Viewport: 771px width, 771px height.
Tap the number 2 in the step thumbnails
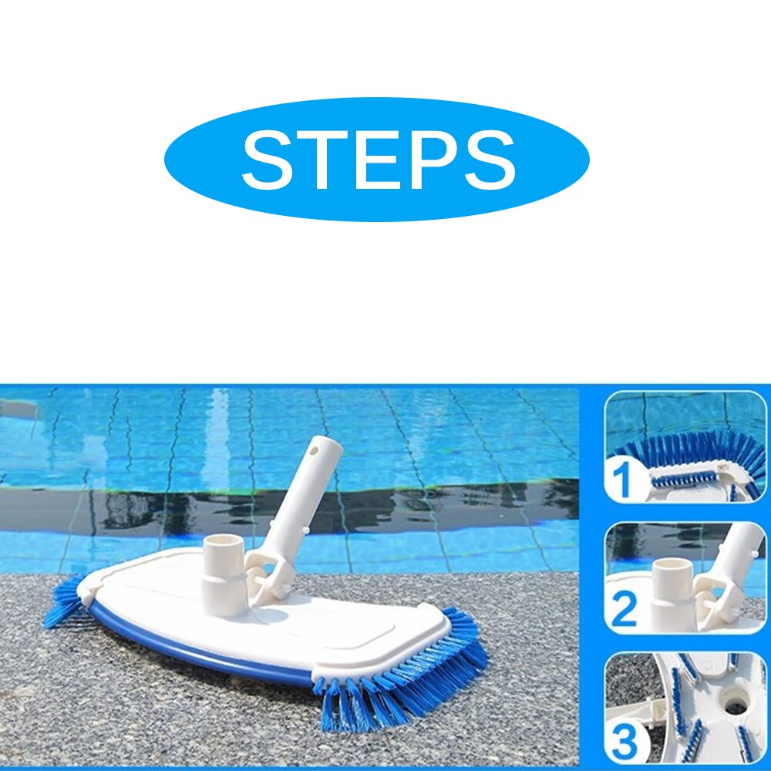coord(624,608)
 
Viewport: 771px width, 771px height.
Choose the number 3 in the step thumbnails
coord(625,741)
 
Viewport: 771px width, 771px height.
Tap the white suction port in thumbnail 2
coord(668,586)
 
